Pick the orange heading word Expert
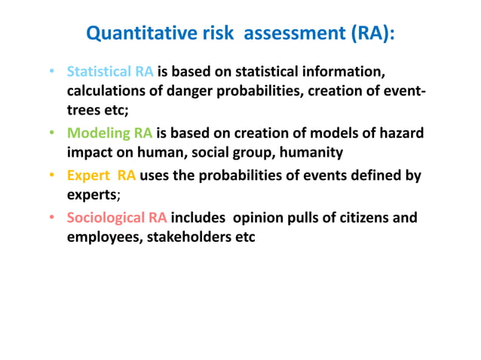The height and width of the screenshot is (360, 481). click(x=88, y=175)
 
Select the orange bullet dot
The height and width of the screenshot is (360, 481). click(x=50, y=176)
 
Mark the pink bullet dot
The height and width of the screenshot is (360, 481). click(x=50, y=219)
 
